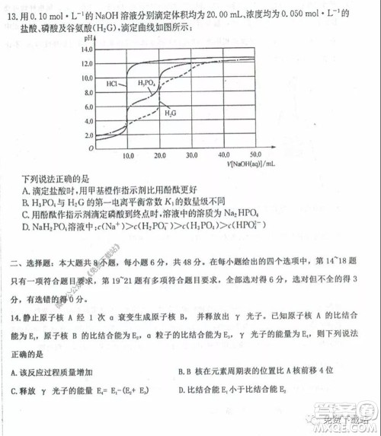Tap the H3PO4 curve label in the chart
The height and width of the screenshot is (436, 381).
click(x=149, y=82)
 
